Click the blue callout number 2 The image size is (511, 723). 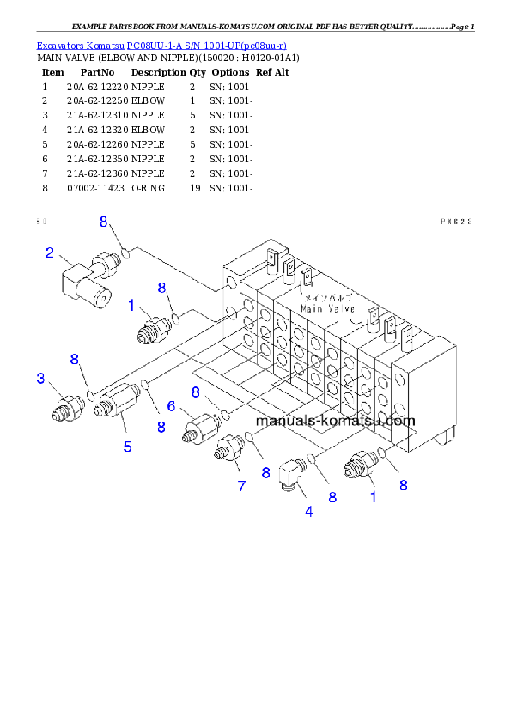click(x=50, y=252)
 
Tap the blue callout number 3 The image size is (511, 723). click(x=40, y=378)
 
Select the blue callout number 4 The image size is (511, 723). click(x=309, y=513)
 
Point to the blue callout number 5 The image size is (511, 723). click(x=127, y=446)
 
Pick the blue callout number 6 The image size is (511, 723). click(x=171, y=406)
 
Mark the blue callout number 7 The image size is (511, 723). click(x=241, y=486)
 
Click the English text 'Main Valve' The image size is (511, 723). click(x=324, y=306)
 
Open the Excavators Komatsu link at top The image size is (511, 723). click(x=161, y=45)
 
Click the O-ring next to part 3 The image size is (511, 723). click(x=90, y=394)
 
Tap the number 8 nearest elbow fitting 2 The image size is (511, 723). click(x=104, y=222)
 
